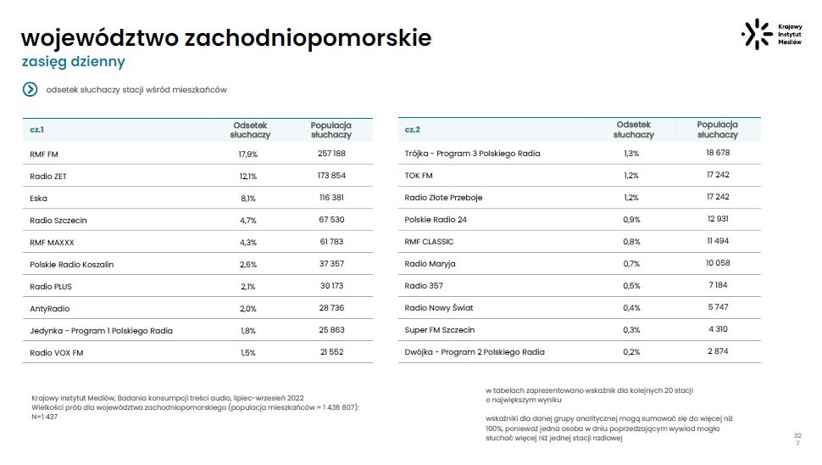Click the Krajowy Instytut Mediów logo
pos(771,34)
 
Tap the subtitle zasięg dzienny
pos(73,62)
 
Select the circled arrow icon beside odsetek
pos(31,89)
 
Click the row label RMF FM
pos(43,154)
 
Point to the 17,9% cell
pos(247,154)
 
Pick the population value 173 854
pos(330,176)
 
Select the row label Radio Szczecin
pos(58,220)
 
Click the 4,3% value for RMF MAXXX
pos(247,242)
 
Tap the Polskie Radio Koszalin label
pos(71,264)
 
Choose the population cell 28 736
pos(330,308)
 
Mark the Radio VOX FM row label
pos(56,352)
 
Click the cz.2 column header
pos(413,130)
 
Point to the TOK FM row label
pos(419,176)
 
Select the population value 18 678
pos(717,153)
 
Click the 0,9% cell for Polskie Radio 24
pos(631,220)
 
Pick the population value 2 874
pos(717,351)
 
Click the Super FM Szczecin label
pos(439,330)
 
